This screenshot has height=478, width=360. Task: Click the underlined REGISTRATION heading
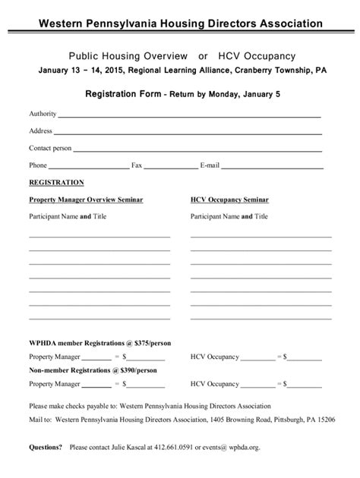(x=56, y=183)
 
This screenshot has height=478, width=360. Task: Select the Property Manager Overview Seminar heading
(x=86, y=200)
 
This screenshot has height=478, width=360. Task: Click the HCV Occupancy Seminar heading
(x=229, y=200)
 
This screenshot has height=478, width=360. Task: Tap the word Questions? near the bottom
(x=46, y=448)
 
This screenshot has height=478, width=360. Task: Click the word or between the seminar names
(x=203, y=56)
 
